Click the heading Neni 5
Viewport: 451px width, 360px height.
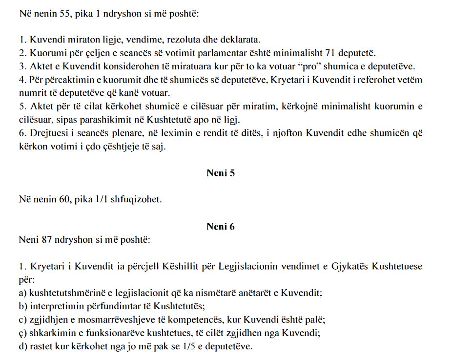point(221,173)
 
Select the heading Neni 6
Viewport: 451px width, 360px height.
point(221,227)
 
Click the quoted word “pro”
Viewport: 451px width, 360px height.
point(293,66)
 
